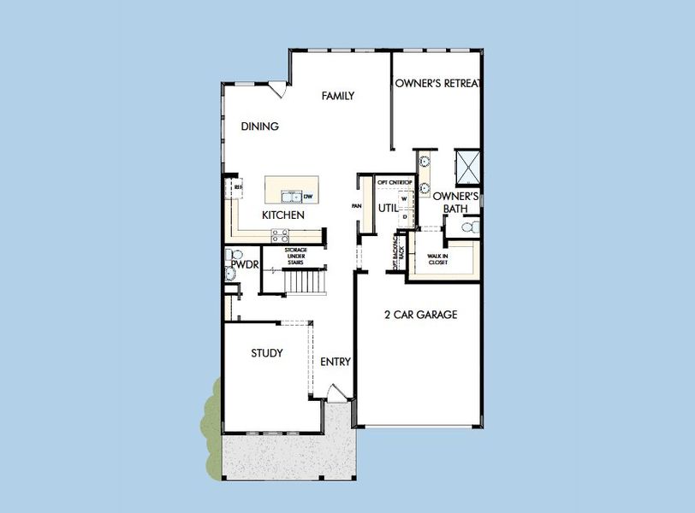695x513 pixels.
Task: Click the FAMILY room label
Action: (338, 97)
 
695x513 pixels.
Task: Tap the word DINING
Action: (259, 127)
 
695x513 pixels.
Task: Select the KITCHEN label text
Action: (282, 215)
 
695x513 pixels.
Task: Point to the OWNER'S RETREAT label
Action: (437, 84)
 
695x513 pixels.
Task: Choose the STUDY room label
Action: (267, 353)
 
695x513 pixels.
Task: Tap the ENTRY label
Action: (336, 362)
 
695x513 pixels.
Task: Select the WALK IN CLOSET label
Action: (438, 257)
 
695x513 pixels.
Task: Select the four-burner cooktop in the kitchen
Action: (280, 236)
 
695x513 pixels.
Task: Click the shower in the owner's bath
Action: (467, 164)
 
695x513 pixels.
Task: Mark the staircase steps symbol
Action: (306, 280)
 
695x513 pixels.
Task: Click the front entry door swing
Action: (338, 393)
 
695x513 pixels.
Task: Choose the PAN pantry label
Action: (356, 206)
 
